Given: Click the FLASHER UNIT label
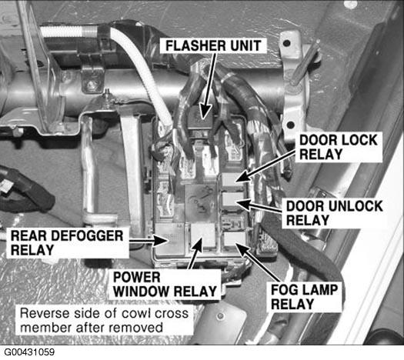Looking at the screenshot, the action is point(213,46).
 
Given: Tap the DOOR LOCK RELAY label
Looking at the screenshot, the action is point(339,147).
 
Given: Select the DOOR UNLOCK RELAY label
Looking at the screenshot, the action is point(334,213).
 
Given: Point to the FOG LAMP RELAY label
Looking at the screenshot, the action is point(304,297).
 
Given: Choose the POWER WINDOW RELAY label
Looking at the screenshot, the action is point(165,285).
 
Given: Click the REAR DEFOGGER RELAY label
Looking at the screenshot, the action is point(67,243).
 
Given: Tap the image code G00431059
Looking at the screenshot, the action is point(29,352).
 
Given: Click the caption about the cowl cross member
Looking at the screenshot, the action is point(104,320).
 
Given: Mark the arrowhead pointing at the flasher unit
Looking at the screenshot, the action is point(205,112).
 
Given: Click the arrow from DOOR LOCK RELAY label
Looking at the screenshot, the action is point(265,166).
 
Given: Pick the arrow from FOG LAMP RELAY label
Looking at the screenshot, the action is point(257,262).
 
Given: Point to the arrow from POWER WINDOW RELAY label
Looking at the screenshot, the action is point(195,253).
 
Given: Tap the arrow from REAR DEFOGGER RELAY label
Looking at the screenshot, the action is point(149,241).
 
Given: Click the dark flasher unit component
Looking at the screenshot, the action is point(200,119).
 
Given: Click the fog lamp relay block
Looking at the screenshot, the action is point(234,239).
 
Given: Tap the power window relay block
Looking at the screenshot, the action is point(204,235).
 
